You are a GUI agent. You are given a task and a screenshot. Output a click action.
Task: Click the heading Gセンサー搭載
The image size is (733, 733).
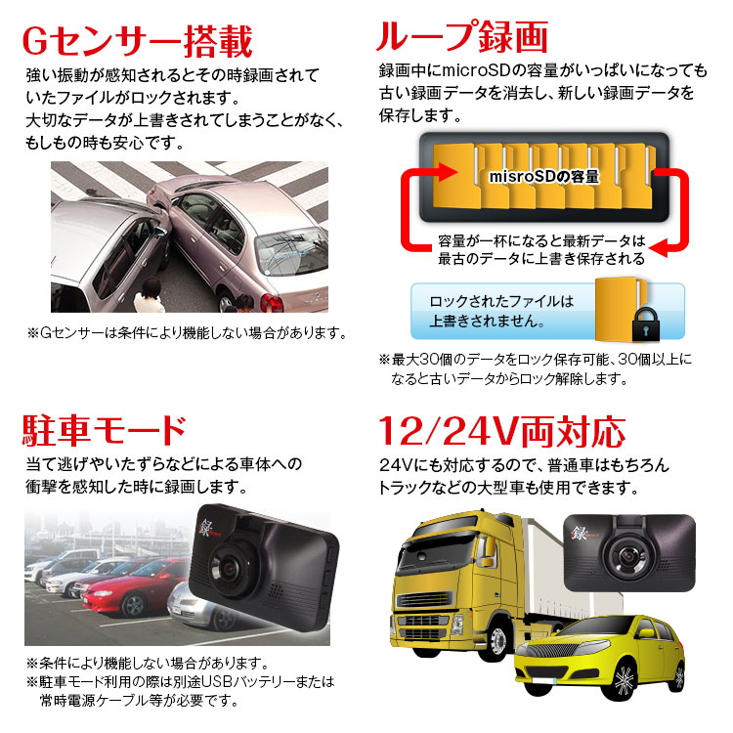click(138, 41)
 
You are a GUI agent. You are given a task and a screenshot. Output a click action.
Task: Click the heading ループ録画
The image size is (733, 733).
click(462, 36)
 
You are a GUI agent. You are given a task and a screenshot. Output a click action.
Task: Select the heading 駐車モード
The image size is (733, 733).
click(105, 430)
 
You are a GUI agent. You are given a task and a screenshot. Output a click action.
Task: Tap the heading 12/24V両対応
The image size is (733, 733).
click(501, 432)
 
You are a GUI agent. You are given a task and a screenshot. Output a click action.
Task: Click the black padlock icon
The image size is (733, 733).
click(646, 324)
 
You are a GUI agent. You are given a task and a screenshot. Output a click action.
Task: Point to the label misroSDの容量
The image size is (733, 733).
click(543, 177)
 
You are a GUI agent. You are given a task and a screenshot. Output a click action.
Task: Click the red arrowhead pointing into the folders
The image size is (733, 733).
click(447, 172)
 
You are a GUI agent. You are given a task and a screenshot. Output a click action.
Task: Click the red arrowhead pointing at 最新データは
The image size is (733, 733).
click(659, 248)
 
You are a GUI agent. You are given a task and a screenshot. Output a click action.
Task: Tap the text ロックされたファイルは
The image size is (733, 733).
click(501, 302)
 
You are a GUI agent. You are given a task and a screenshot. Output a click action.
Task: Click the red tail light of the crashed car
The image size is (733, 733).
click(272, 302)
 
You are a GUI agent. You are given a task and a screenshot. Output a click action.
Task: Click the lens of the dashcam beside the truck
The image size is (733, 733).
click(628, 555)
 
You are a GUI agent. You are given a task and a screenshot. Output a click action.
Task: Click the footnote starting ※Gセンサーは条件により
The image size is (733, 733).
click(187, 333)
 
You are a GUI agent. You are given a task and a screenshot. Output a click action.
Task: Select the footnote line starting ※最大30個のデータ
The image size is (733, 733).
click(535, 360)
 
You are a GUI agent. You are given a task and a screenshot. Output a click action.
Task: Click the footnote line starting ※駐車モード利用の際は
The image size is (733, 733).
click(181, 682)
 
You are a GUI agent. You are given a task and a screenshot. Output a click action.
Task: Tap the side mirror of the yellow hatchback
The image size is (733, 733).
click(646, 634)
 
